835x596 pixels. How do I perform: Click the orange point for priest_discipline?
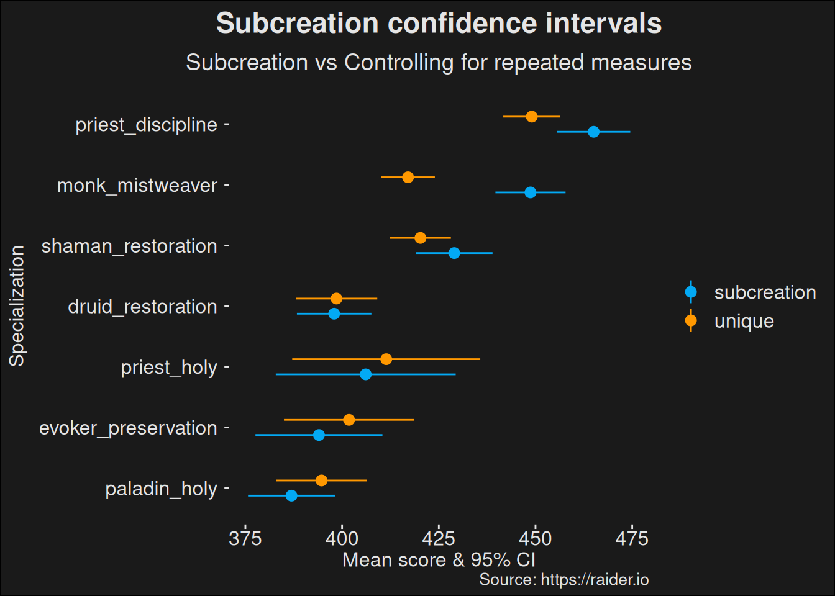click(x=532, y=117)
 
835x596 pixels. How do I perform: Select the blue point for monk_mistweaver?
click(x=530, y=192)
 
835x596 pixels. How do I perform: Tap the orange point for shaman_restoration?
click(x=421, y=238)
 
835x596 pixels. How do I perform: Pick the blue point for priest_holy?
click(x=366, y=374)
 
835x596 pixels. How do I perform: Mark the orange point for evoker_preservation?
click(x=349, y=420)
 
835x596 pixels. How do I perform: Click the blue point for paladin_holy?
click(x=291, y=495)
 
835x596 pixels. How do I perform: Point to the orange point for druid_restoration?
click(x=337, y=299)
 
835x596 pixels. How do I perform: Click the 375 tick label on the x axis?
click(x=245, y=538)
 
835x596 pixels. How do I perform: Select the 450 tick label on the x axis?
click(x=535, y=538)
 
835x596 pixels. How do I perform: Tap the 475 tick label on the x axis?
click(x=632, y=538)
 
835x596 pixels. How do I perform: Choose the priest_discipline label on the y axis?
click(x=146, y=125)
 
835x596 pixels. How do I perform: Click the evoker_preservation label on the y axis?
click(x=128, y=428)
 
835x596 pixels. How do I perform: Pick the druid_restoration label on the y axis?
click(x=142, y=307)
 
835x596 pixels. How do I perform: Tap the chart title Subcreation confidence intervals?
click(x=439, y=24)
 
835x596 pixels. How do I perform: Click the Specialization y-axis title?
click(x=17, y=306)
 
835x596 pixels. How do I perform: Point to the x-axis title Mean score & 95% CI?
click(x=439, y=560)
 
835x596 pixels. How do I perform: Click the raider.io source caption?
click(x=564, y=580)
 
